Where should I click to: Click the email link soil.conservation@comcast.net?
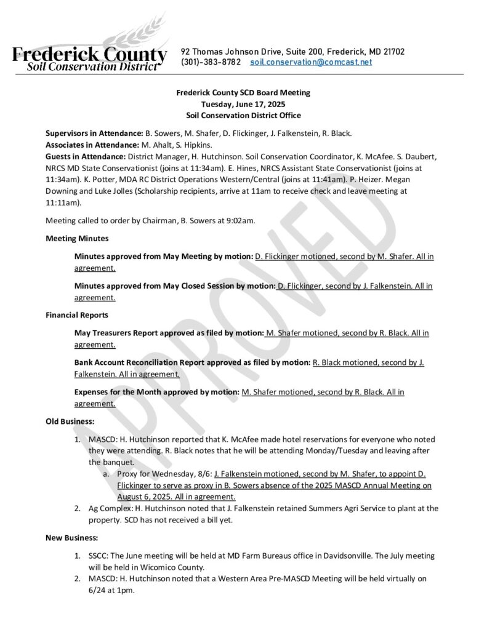[x=311, y=63]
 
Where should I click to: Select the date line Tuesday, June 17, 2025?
[x=243, y=104]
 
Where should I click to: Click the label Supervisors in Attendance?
[x=94, y=133]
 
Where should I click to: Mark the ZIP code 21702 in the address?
[x=392, y=52]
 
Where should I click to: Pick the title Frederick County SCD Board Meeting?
[x=243, y=93]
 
